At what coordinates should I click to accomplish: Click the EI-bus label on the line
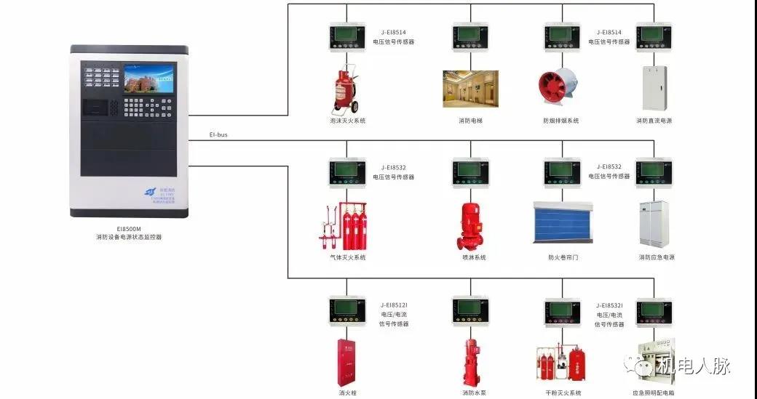click(x=218, y=134)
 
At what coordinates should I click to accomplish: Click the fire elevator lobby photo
click(x=470, y=89)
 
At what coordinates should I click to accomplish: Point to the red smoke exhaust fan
click(x=560, y=89)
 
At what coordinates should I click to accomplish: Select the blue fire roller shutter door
click(x=563, y=222)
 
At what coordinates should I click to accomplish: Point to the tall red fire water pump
click(x=470, y=361)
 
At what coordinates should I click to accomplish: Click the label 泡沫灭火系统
click(x=347, y=121)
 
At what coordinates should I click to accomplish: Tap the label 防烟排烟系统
click(x=560, y=121)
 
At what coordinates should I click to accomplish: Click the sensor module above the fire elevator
click(x=470, y=36)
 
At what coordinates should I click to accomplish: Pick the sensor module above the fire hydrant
click(x=346, y=311)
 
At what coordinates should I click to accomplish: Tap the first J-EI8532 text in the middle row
click(x=393, y=167)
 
